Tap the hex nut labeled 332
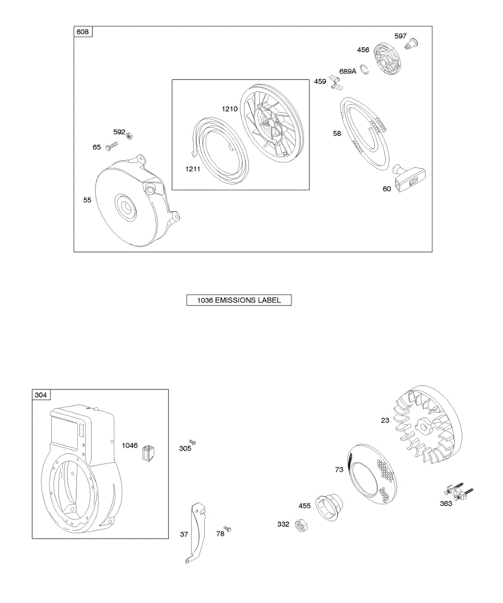(x=301, y=526)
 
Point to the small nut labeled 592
(x=129, y=134)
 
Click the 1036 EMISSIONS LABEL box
(x=239, y=300)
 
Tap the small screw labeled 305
(x=192, y=442)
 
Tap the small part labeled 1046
(x=147, y=452)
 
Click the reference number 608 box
(x=83, y=32)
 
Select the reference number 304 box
(x=41, y=395)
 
